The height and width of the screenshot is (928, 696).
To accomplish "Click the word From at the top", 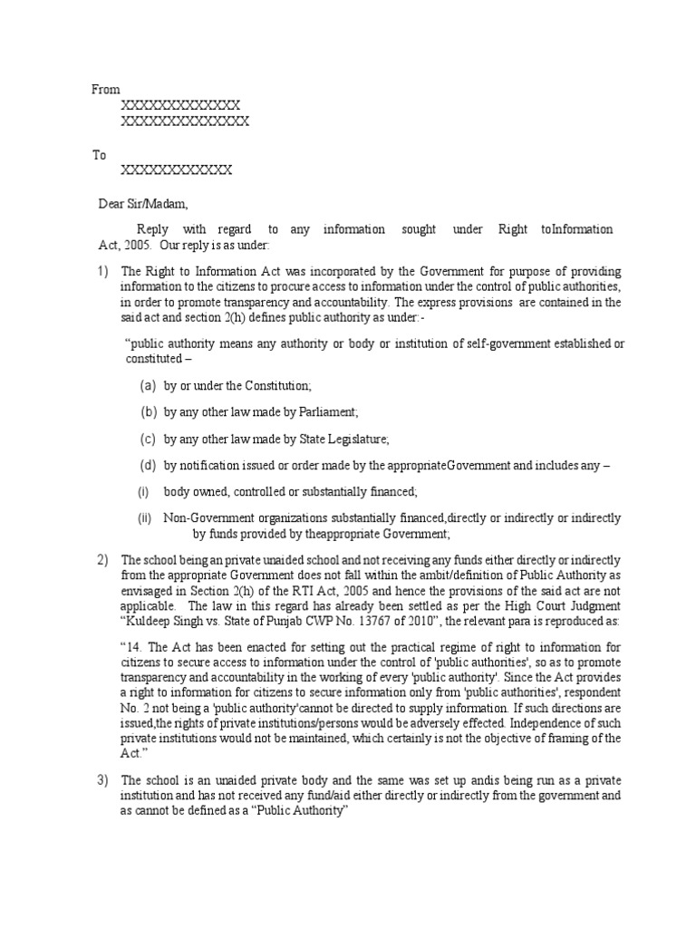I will coord(106,90).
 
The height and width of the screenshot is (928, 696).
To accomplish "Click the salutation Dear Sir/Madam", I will coord(144,204).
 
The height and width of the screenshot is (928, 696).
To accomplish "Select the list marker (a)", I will coord(148,386).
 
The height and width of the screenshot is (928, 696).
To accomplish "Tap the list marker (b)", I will coord(148,412).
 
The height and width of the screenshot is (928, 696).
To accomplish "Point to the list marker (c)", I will coord(148,440).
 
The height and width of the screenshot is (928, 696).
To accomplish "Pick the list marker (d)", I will coord(148,466).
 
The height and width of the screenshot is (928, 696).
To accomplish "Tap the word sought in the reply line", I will coord(416,230).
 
